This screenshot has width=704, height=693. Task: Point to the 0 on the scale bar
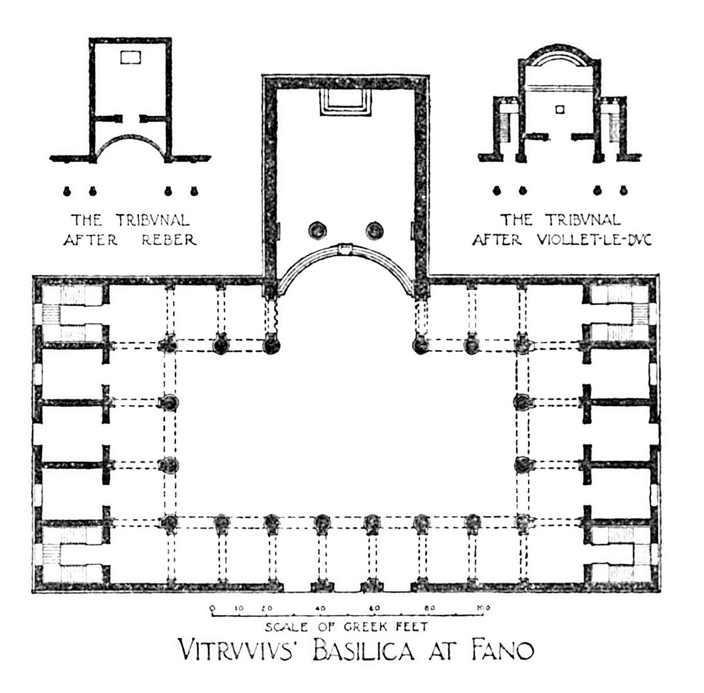(x=212, y=607)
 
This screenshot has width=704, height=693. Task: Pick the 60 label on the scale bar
(x=374, y=607)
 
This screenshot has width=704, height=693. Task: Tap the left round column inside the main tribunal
(x=318, y=230)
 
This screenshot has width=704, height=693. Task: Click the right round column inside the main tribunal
(x=374, y=230)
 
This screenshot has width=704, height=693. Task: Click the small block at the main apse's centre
(x=346, y=248)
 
